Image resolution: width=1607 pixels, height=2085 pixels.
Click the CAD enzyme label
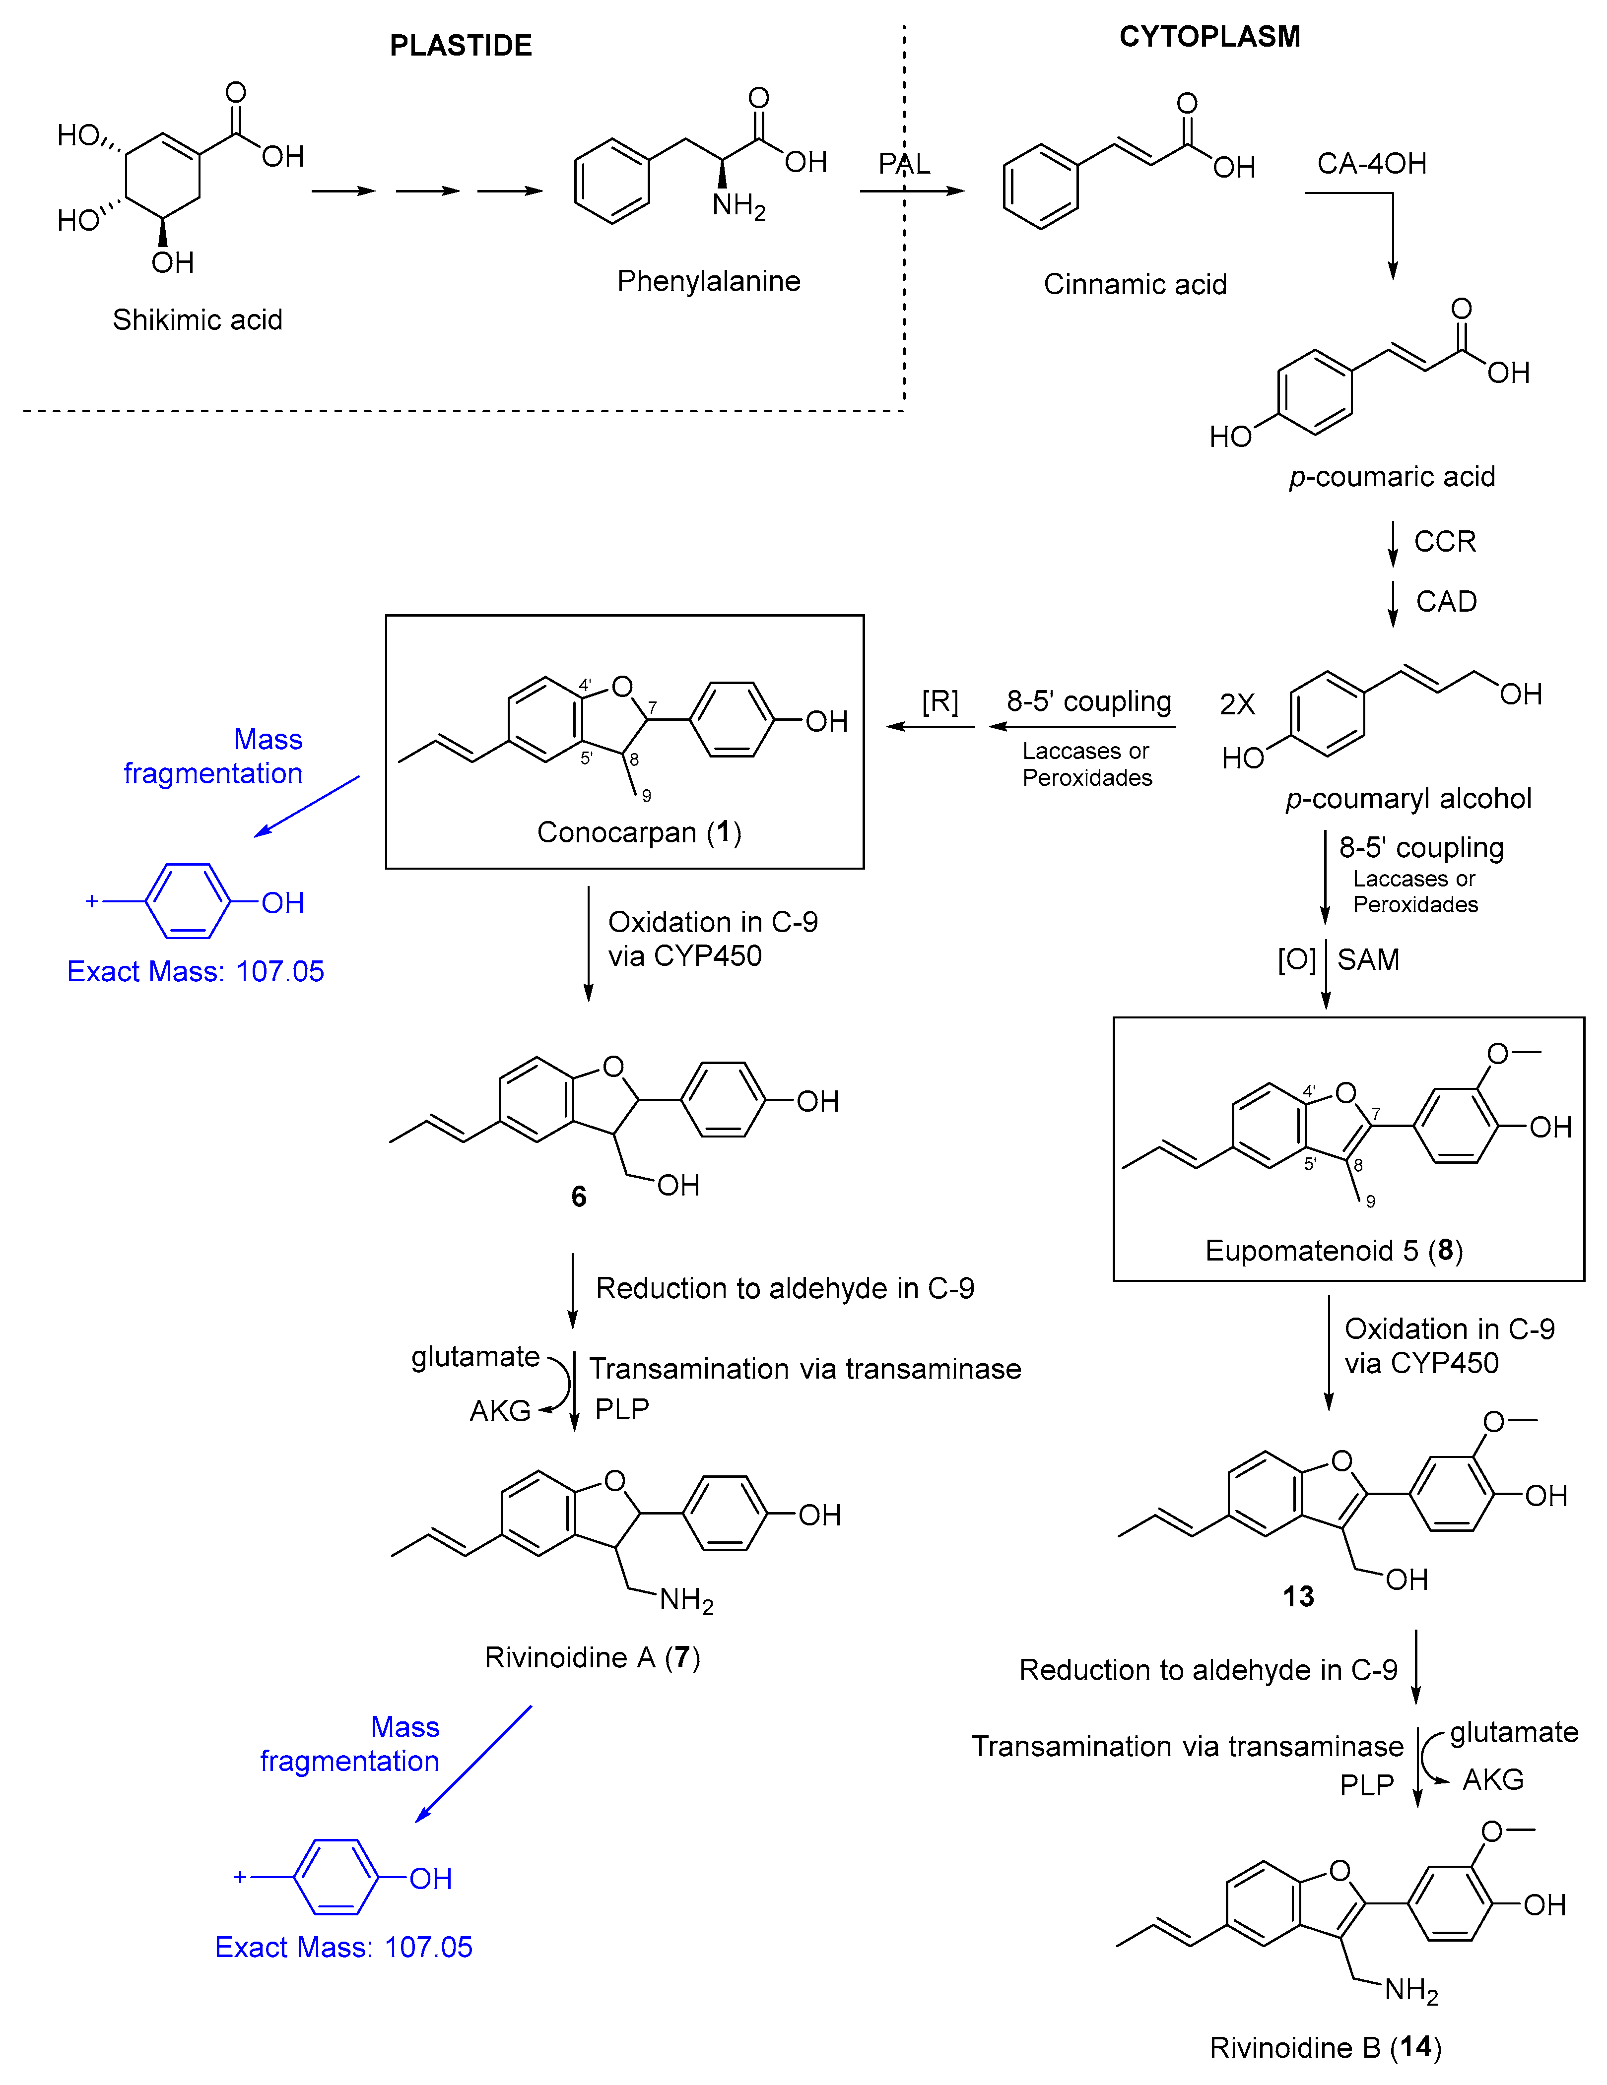(x=1446, y=601)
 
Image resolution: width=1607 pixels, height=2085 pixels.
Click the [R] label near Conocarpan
(x=939, y=701)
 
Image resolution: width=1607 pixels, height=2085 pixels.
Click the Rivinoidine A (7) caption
(x=592, y=1657)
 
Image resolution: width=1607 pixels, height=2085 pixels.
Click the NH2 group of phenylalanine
(x=738, y=205)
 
